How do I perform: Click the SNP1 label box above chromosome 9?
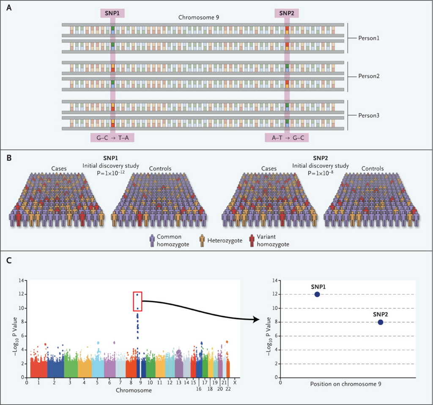[x=112, y=13]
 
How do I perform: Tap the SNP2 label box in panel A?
[x=287, y=13]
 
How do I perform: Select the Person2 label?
[x=369, y=76]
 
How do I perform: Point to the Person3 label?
[x=369, y=115]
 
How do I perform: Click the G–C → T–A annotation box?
[x=112, y=138]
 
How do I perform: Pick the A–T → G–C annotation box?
[x=287, y=138]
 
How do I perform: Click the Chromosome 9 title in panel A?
[x=199, y=17]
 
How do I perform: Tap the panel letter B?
[x=9, y=158]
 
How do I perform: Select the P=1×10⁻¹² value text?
[x=110, y=173]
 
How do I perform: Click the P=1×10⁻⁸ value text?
[x=321, y=173]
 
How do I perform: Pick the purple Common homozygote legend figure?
[x=152, y=241]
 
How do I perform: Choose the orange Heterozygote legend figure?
[x=202, y=241]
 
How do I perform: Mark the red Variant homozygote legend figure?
[x=252, y=241]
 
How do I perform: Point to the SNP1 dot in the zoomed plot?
[x=317, y=294]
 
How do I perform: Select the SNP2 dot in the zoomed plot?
[x=381, y=322]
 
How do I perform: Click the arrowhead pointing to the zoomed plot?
[x=256, y=320]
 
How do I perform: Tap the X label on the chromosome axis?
[x=235, y=383]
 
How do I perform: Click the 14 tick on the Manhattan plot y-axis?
[x=21, y=280]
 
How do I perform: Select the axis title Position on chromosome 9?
[x=346, y=384]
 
